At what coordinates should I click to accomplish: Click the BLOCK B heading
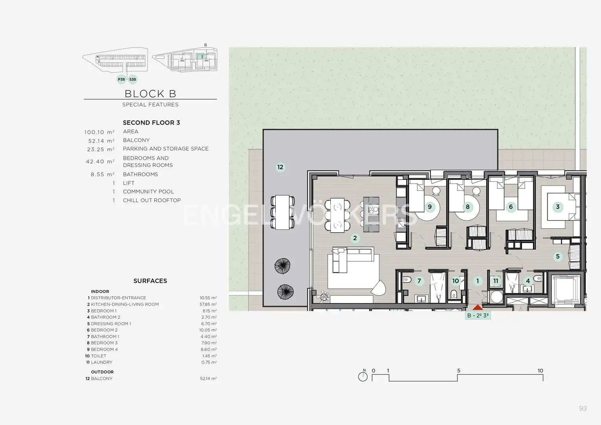coord(150,94)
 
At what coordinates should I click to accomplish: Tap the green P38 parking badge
coord(121,79)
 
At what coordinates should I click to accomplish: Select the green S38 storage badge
coord(133,79)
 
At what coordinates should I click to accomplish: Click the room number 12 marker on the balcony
coord(280,167)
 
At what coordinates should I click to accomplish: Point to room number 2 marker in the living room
coord(355,238)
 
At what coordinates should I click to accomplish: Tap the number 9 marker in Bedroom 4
coord(430,207)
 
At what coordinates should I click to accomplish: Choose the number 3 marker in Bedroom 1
coord(558,207)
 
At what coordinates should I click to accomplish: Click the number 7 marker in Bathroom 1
coord(419,281)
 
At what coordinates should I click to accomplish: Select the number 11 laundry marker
coord(496,281)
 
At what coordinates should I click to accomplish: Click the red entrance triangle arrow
coord(477,308)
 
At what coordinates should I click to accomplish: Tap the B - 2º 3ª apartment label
coord(478,316)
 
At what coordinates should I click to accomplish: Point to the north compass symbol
coord(363,375)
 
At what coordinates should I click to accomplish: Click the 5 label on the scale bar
coord(459,371)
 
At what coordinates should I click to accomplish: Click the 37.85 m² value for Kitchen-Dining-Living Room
coord(208,304)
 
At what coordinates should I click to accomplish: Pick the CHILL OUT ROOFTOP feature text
coord(152,200)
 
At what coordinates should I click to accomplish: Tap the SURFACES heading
coord(150,281)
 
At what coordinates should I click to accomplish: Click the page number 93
coord(583,408)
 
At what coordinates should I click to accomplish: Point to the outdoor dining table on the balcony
coord(282,213)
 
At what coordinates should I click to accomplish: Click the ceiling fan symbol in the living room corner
coord(323,297)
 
